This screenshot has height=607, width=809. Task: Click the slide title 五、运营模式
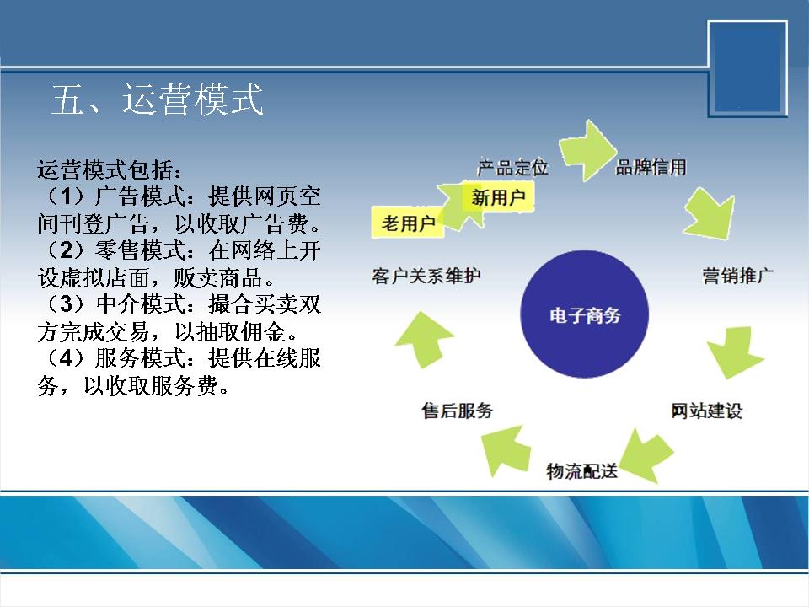point(158,99)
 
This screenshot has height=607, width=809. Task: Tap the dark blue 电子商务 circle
point(584,314)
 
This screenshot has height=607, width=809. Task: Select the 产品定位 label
point(512,167)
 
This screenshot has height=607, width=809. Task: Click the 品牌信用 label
point(651,167)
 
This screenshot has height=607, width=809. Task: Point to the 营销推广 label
point(738,276)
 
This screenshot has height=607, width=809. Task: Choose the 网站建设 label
point(707,411)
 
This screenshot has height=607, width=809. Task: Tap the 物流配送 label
point(582,470)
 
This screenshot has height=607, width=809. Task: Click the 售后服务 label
point(457,411)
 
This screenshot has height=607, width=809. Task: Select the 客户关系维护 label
point(426,276)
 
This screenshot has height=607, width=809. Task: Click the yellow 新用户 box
point(498,196)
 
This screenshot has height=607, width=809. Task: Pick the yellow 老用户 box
point(408,223)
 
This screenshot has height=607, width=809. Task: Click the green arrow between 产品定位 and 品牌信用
point(588,151)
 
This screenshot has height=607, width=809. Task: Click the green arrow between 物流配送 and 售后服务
point(505,450)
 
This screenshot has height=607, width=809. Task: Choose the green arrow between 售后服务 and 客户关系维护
point(425,340)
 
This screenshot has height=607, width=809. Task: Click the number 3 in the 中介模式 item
point(67,304)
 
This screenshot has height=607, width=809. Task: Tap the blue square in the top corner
point(747,68)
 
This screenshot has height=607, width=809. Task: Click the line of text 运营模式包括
point(110,169)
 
